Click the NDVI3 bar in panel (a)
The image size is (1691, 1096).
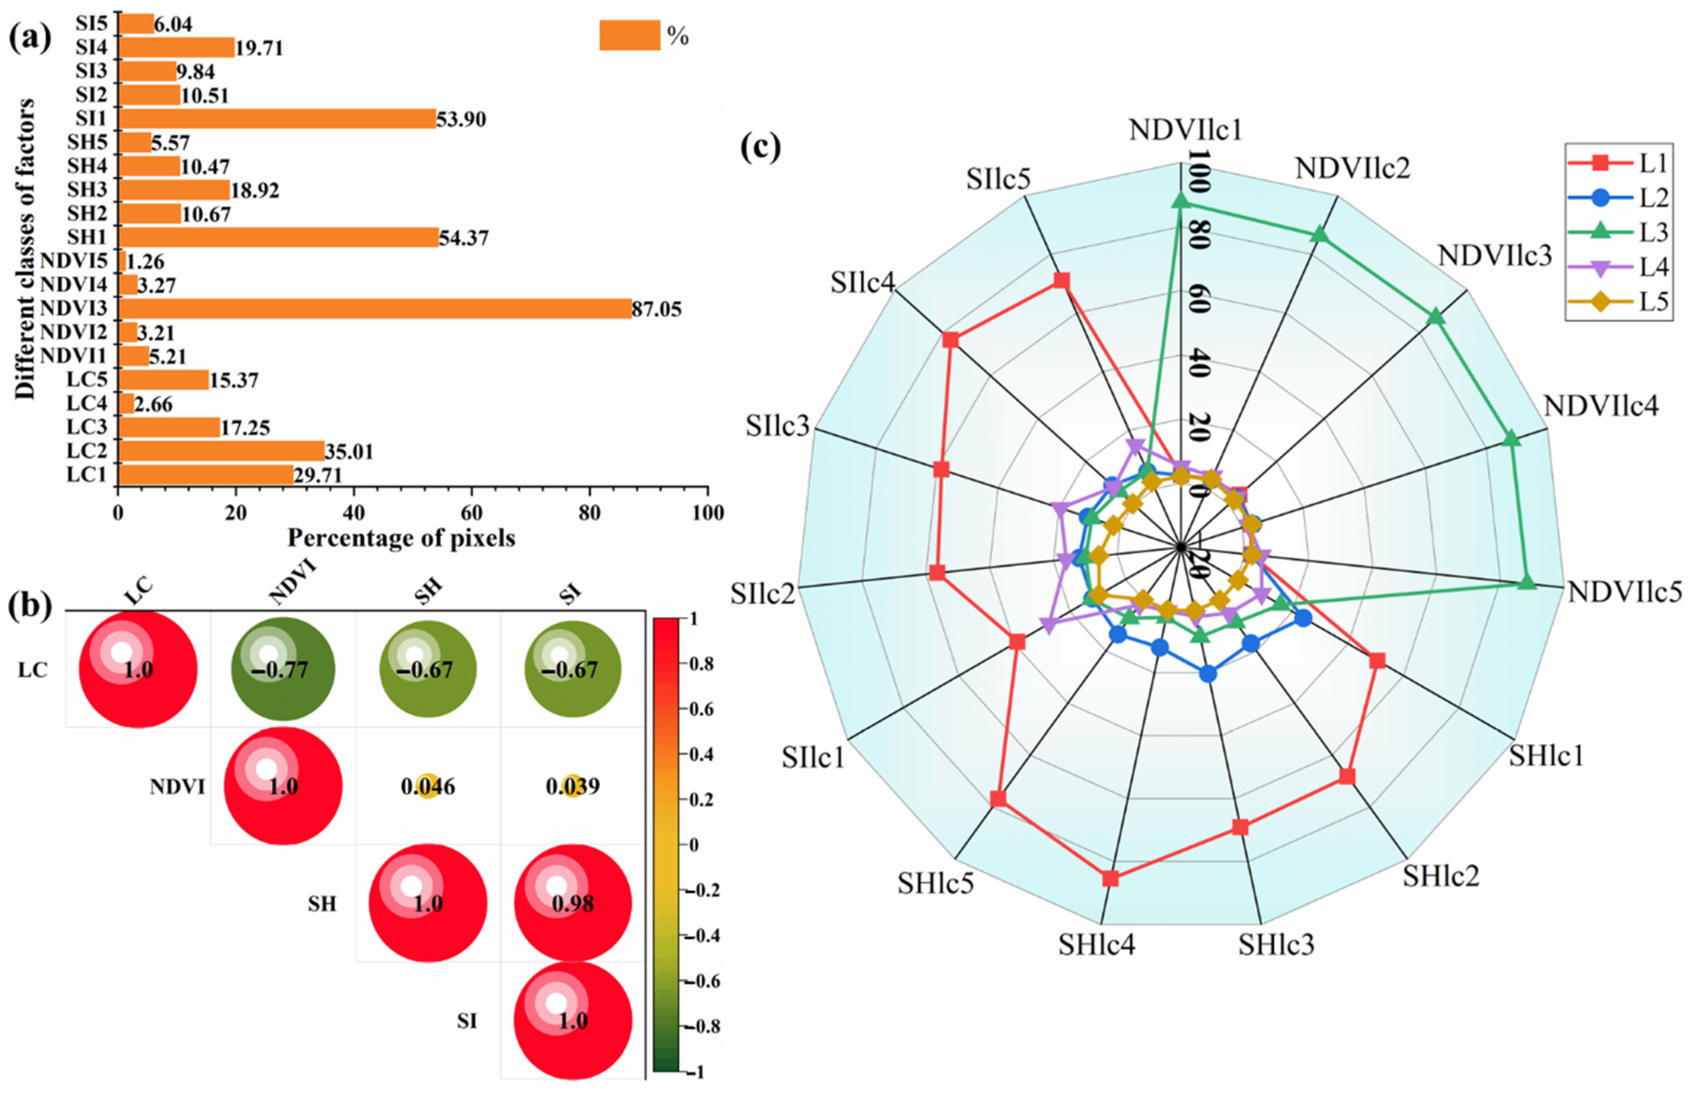click(x=374, y=309)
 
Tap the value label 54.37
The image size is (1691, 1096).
click(x=464, y=238)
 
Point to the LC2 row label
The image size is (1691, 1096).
click(x=87, y=451)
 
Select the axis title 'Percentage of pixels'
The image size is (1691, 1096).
click(x=401, y=538)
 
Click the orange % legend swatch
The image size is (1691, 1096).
click(x=629, y=35)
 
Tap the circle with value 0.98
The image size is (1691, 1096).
click(x=573, y=904)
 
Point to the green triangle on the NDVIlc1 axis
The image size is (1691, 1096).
click(x=1181, y=202)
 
